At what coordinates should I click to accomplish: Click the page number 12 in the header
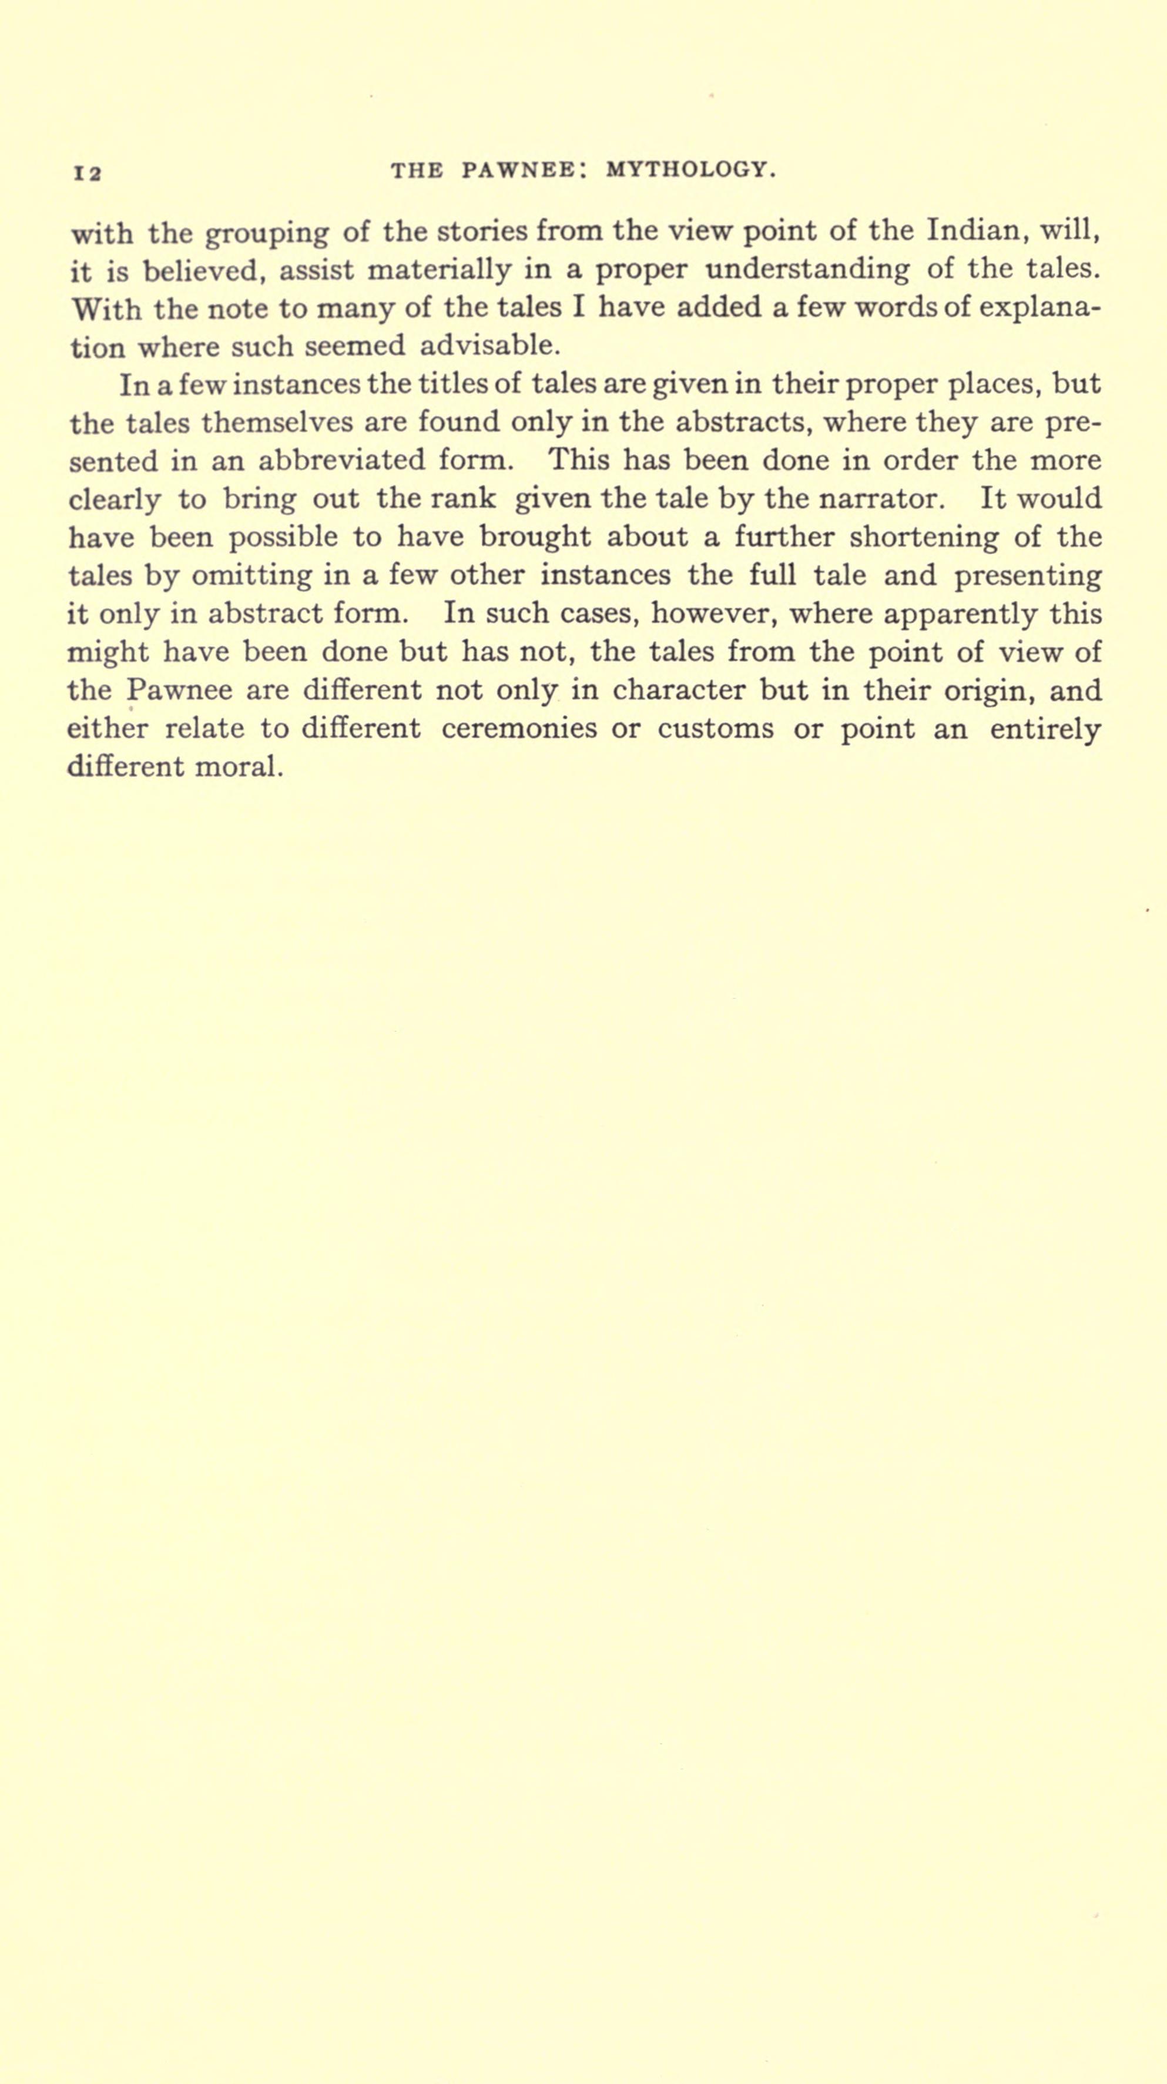[86, 172]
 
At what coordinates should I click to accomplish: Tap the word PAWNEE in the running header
[518, 170]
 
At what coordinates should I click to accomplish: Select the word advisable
[490, 346]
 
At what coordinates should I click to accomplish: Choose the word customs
[715, 729]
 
